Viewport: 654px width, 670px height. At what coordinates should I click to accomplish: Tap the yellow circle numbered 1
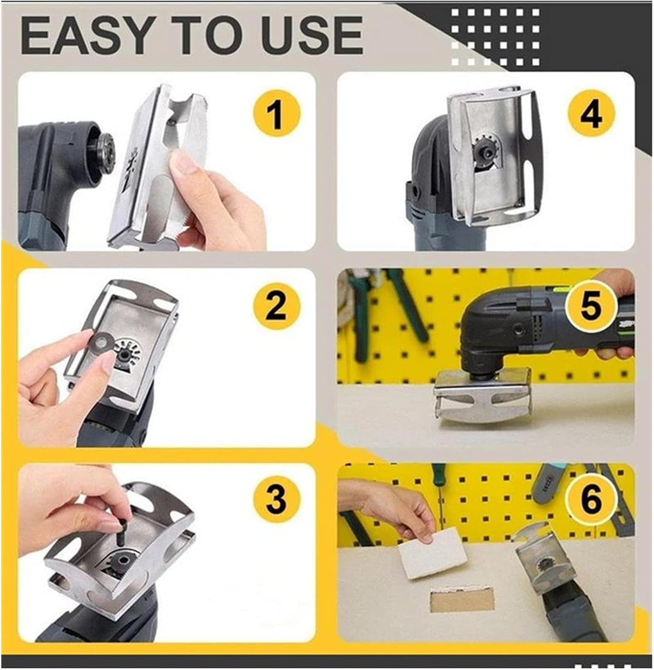coord(276,113)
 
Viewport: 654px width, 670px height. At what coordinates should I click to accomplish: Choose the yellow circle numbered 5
coord(590,307)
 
